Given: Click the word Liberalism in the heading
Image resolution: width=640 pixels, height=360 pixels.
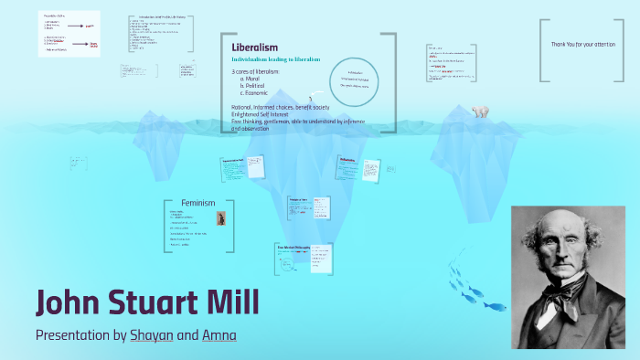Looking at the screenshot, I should [x=255, y=47].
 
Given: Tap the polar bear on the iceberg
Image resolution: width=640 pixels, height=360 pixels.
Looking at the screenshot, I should [x=479, y=111].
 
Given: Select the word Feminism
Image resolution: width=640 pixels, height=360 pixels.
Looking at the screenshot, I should [x=198, y=203].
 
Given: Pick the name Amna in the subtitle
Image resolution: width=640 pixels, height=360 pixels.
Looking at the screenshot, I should [x=219, y=335].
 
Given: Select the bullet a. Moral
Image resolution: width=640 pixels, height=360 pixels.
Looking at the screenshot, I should [x=253, y=79].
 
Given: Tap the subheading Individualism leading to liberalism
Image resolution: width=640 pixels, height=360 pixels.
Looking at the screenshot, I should [x=275, y=59].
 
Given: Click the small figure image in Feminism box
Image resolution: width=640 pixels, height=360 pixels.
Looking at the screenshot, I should [x=221, y=218].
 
